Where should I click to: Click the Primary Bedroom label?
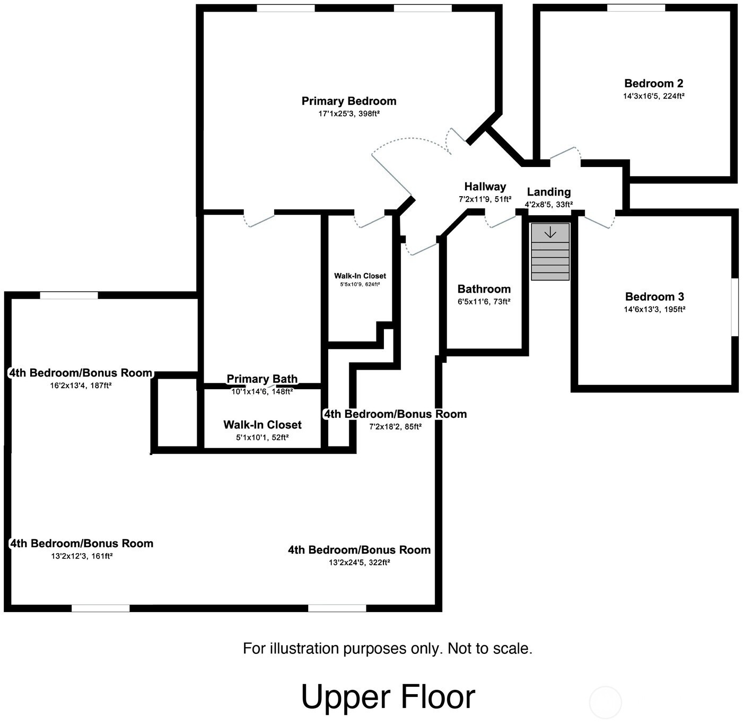pos(349,101)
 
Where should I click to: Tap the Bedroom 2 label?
pos(654,83)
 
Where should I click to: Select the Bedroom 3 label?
pos(654,296)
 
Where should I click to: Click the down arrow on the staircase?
pos(550,232)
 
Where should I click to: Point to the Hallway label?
pos(485,187)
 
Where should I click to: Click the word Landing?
pos(549,192)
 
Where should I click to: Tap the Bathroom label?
pos(484,289)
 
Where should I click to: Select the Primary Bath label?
pos(262,379)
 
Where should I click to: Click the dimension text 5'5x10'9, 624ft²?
pos(360,284)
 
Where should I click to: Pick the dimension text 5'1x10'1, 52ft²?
pos(263,438)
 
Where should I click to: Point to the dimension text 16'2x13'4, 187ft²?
pos(81,386)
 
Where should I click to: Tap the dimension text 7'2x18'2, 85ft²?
pos(395,427)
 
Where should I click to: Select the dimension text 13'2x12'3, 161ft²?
pos(82,556)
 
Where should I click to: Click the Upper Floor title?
pos(388,697)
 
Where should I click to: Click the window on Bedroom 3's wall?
pos(735,307)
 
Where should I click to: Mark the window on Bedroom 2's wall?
pos(636,8)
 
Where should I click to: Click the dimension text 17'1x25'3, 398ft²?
pos(349,113)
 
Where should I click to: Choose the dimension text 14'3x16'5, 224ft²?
pos(654,96)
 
